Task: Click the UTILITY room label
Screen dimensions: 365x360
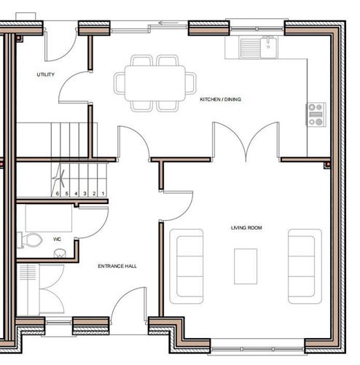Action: tap(45, 74)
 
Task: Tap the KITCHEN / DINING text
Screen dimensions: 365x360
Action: tap(220, 100)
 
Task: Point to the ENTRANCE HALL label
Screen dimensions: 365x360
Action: tap(117, 266)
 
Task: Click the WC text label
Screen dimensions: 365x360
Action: tap(57, 239)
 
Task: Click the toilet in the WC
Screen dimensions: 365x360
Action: tap(33, 239)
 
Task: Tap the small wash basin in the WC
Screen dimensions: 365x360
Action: tap(60, 253)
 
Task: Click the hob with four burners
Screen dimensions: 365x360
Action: tap(316, 114)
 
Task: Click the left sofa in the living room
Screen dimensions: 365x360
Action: tap(187, 265)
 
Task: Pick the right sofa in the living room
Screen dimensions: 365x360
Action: tap(303, 265)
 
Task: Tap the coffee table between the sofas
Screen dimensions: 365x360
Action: tap(246, 267)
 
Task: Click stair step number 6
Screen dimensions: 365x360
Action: tap(58, 194)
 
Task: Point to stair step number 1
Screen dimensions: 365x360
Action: tap(103, 194)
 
